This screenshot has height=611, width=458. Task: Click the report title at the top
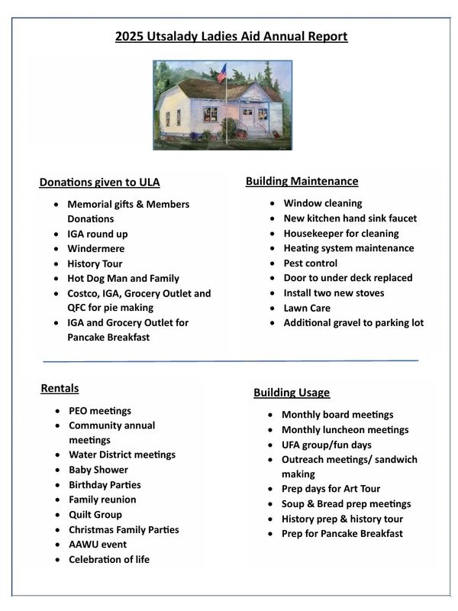click(231, 36)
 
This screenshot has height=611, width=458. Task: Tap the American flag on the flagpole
click(222, 73)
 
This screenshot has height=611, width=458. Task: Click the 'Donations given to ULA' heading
click(99, 182)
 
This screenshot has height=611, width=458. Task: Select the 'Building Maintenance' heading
click(302, 181)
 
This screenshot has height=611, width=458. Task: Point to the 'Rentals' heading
click(60, 389)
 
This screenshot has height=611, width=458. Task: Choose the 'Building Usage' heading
click(292, 393)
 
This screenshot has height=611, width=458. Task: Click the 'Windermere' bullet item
click(95, 248)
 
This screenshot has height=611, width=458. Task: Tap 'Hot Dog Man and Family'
click(123, 278)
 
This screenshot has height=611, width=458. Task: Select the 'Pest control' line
click(310, 263)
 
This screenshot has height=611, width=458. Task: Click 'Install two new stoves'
click(334, 293)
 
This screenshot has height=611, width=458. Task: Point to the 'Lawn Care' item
click(306, 308)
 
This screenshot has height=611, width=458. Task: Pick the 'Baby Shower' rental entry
click(98, 470)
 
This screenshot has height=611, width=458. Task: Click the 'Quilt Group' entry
click(95, 515)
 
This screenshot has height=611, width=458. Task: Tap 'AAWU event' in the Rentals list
click(98, 545)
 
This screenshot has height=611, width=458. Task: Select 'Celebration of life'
click(109, 559)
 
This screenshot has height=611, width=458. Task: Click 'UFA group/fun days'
click(327, 445)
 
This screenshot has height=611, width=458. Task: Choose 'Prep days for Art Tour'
click(331, 489)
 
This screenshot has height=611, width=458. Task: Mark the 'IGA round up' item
click(98, 234)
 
